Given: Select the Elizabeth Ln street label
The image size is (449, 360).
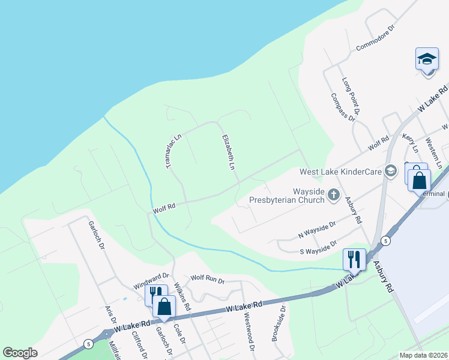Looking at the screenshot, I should tap(228, 153).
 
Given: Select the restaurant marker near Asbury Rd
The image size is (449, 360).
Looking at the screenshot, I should tap(354, 259).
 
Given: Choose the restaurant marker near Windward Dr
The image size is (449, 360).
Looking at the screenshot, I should tap(154, 294).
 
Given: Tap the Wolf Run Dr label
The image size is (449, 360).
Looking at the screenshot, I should tap(207, 279).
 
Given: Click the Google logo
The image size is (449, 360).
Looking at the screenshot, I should tap(20, 353).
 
